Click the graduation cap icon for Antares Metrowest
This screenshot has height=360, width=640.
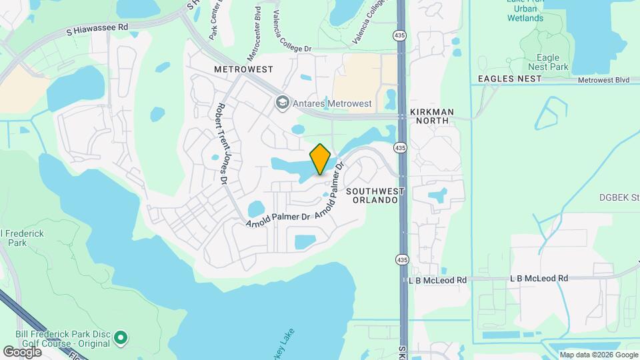pos(281,103)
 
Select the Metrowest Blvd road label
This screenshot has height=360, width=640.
pos(604,80)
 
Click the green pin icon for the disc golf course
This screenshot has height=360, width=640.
pos(121,338)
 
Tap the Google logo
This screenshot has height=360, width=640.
pos(22,351)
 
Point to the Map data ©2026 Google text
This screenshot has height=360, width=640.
pos(598,355)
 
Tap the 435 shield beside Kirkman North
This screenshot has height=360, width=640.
pos(400,147)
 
